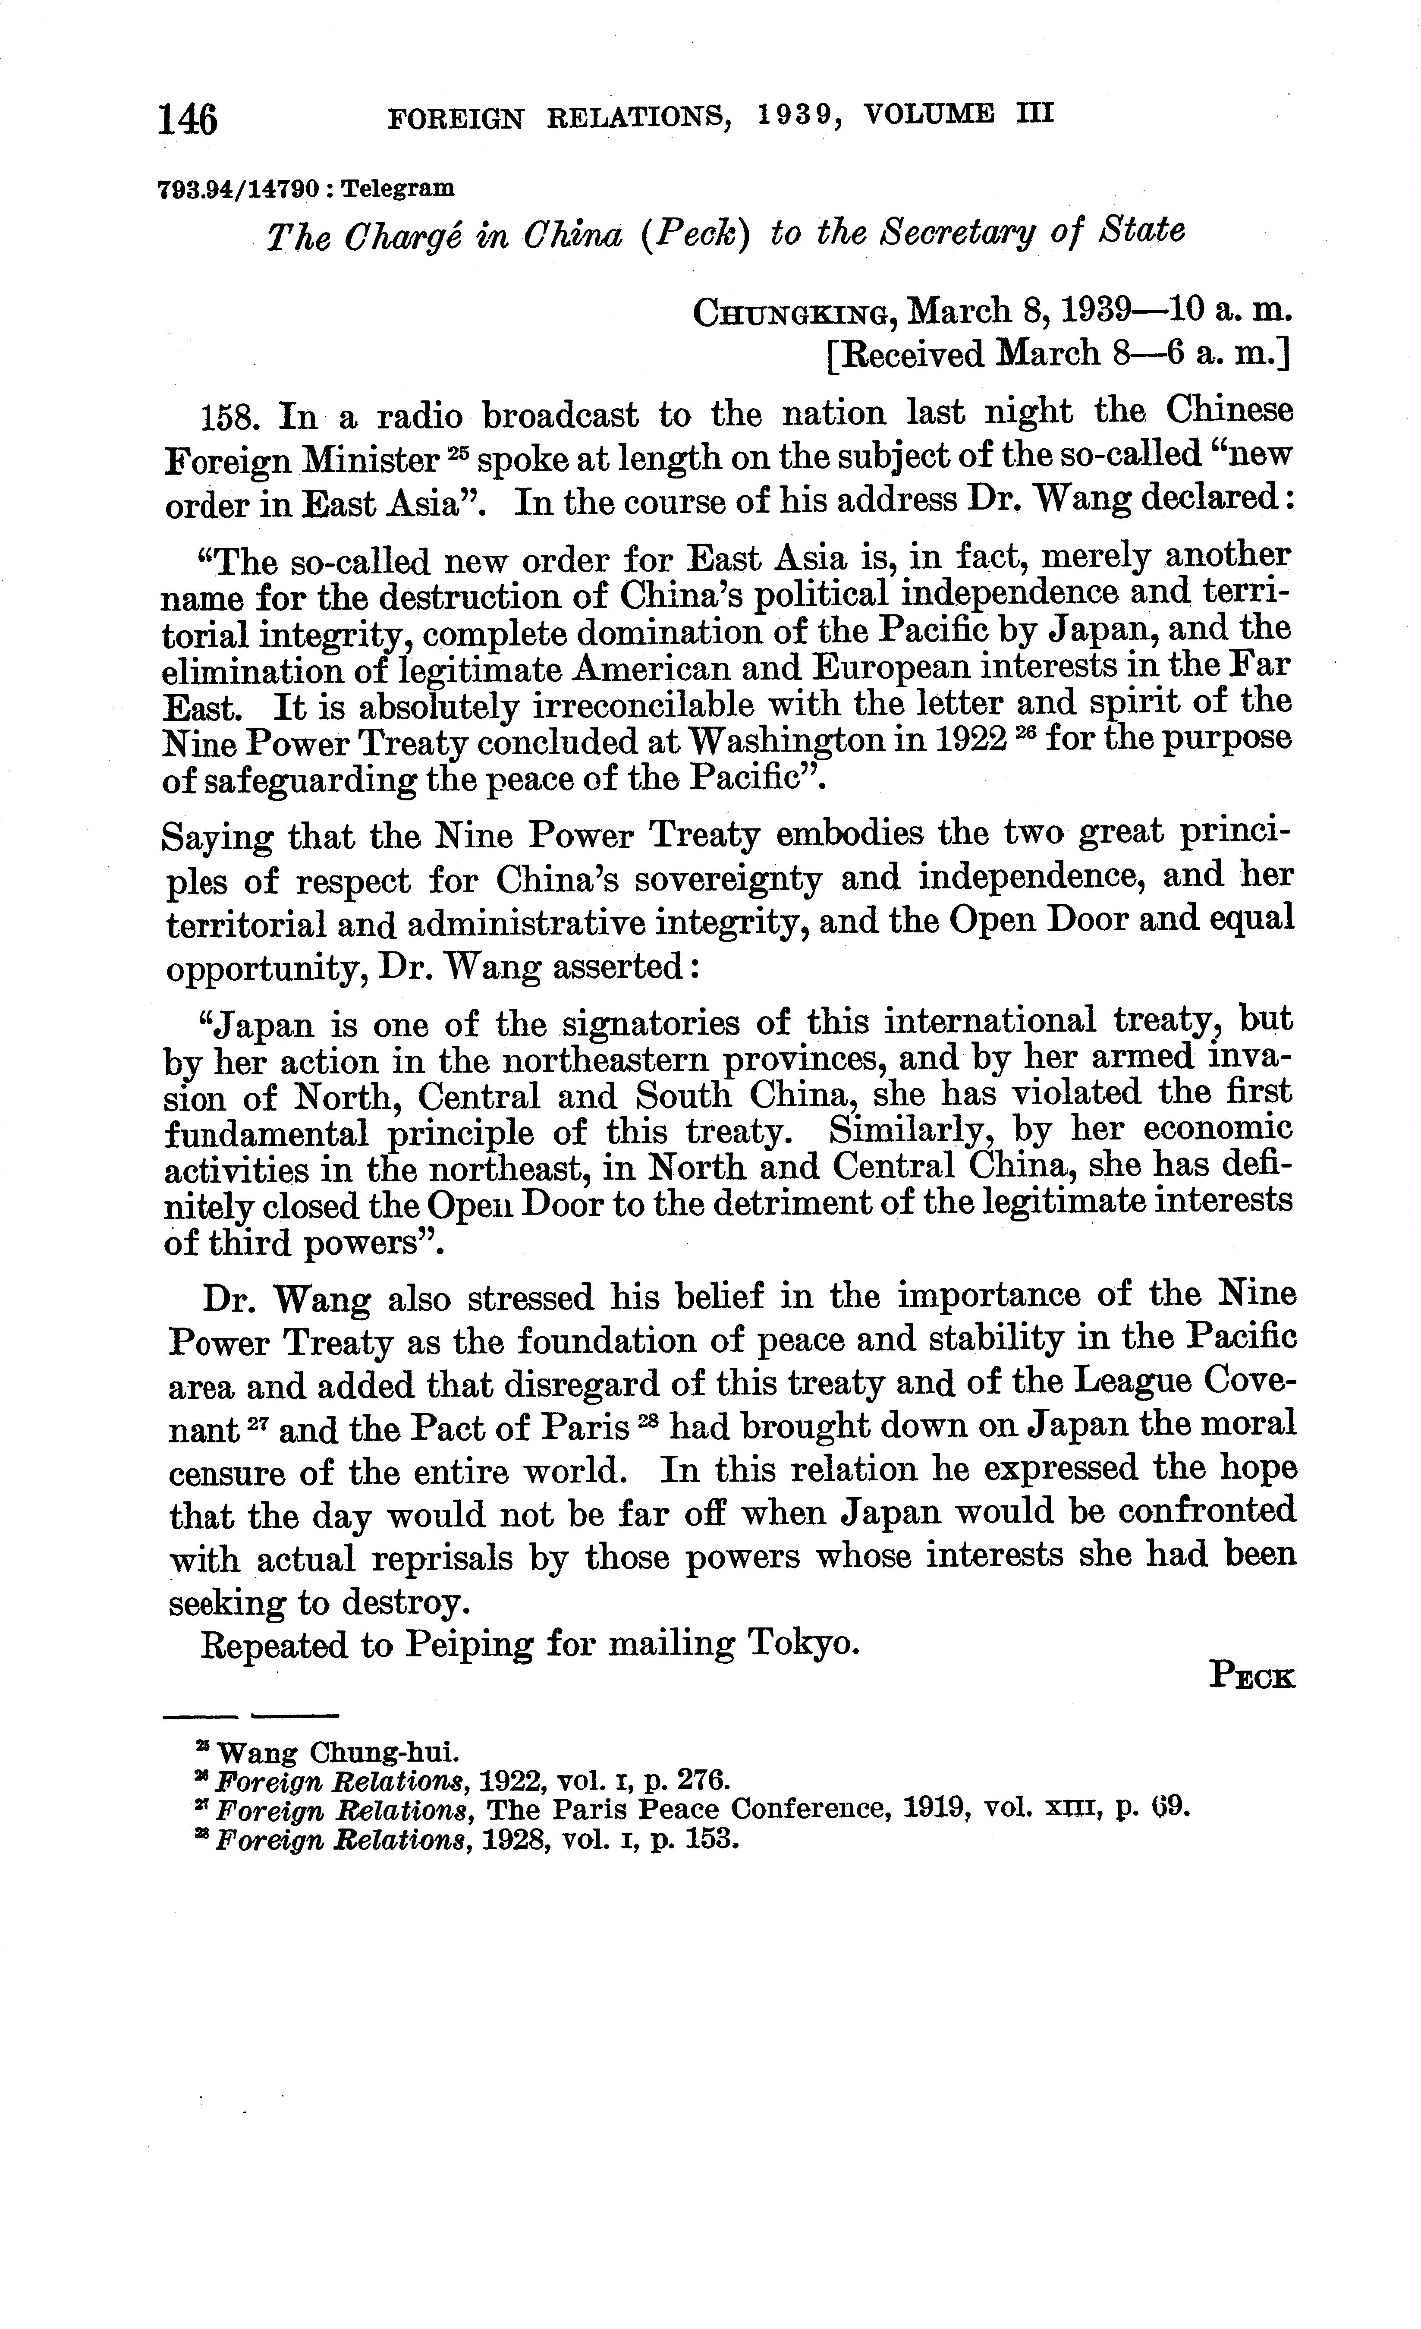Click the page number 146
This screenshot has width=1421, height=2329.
click(x=188, y=120)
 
